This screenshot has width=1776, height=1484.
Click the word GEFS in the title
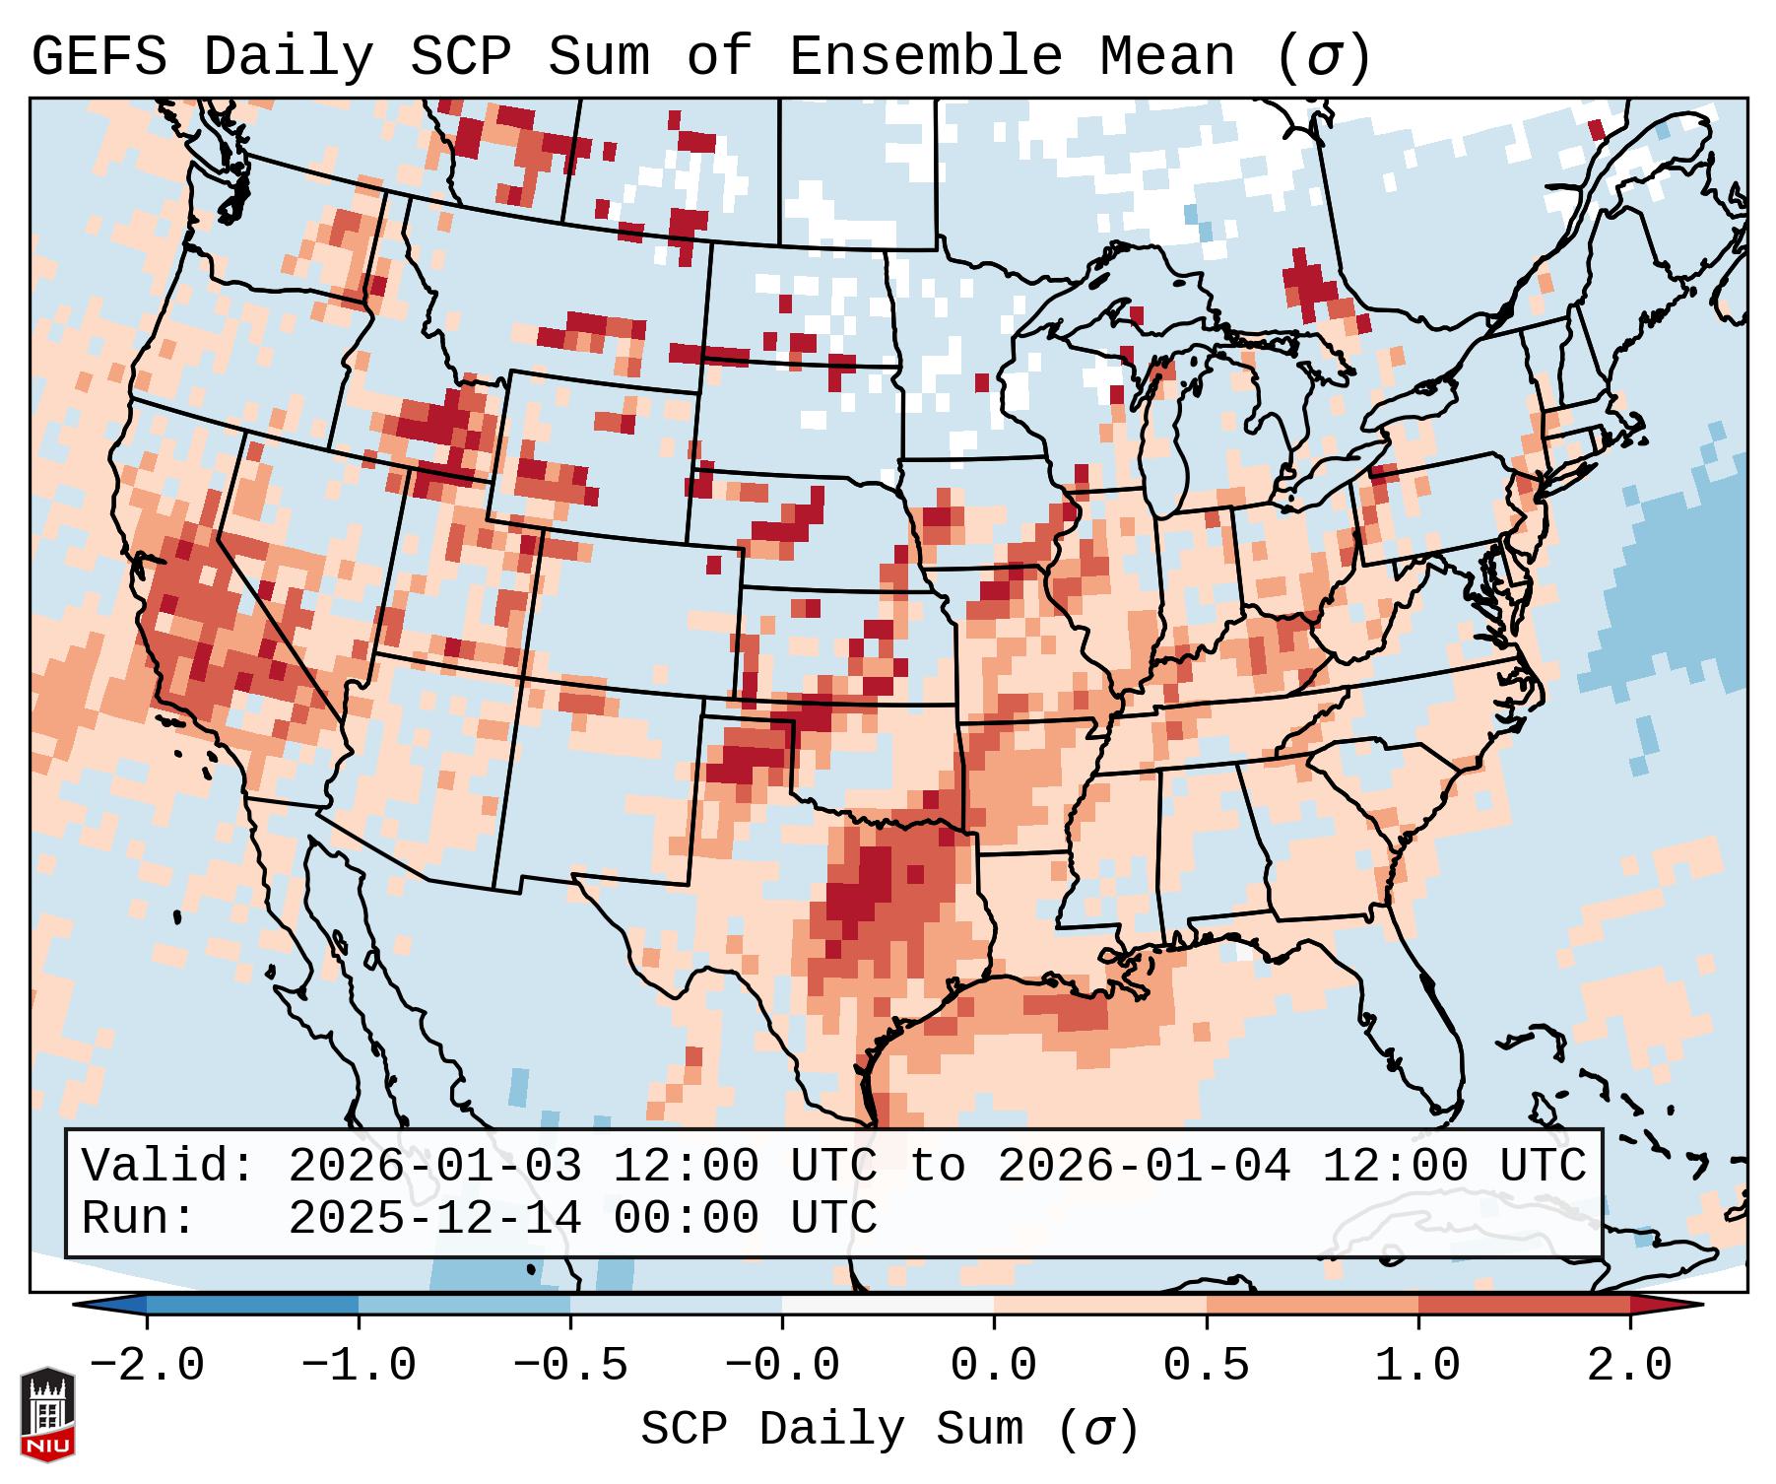(x=99, y=57)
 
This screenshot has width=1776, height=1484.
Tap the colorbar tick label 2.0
(x=1629, y=1366)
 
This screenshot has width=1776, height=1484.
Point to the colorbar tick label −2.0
(x=147, y=1366)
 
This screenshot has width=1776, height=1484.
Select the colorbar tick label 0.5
(x=1206, y=1366)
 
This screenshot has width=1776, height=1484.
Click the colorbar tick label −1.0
(x=359, y=1366)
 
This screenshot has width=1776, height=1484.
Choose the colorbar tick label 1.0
(x=1417, y=1366)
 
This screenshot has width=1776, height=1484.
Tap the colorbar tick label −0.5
(x=570, y=1366)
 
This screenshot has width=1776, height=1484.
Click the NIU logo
(x=47, y=1414)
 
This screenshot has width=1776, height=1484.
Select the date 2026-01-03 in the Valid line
(x=434, y=1167)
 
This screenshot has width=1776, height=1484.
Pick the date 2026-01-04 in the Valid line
(x=1144, y=1167)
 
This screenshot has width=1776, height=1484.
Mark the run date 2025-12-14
(x=434, y=1219)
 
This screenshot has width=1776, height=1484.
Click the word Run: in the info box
(x=139, y=1219)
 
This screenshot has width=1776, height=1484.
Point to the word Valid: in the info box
(x=168, y=1167)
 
